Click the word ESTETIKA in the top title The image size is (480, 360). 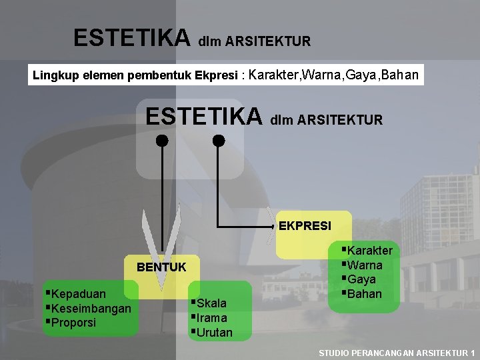[x=132, y=38]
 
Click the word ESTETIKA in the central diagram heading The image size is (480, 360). [x=204, y=117]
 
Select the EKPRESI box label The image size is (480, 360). [x=305, y=225]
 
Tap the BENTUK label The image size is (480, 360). [x=161, y=267]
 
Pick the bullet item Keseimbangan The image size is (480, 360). [x=91, y=308]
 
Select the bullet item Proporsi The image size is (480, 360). [x=73, y=323]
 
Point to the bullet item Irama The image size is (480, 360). [x=212, y=318]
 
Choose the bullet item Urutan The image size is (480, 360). [x=215, y=332]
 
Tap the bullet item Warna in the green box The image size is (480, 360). [x=364, y=265]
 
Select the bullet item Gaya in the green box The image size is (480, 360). [x=361, y=279]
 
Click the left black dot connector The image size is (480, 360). [x=161, y=141]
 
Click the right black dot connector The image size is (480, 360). [x=219, y=141]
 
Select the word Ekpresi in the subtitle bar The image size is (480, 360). [x=217, y=75]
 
